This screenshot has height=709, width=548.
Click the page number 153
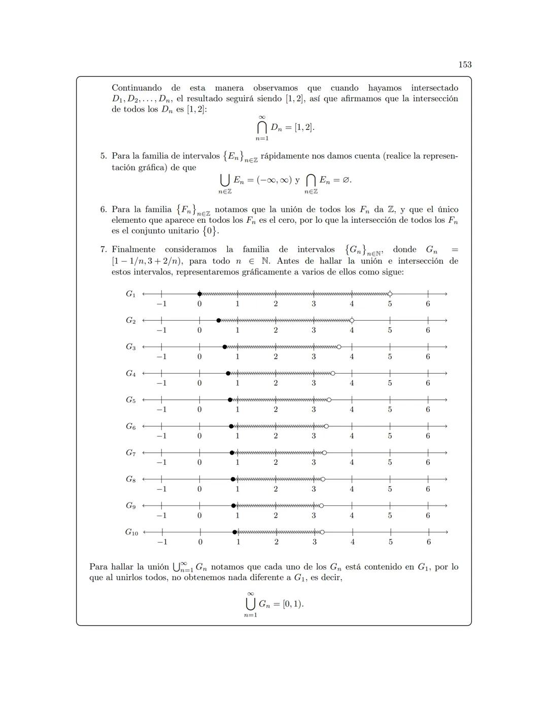click(x=465, y=64)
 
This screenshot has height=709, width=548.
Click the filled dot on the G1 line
click(x=199, y=294)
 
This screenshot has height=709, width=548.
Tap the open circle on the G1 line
click(x=390, y=294)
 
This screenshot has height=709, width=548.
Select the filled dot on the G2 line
click(x=219, y=320)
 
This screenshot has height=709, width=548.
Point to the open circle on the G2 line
click(x=352, y=320)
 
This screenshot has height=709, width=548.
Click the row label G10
click(x=131, y=532)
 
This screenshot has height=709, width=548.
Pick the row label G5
click(x=131, y=400)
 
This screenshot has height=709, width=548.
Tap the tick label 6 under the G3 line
click(x=428, y=357)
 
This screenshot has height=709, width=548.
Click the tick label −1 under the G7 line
click(x=161, y=462)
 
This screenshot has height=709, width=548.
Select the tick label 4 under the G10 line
click(x=352, y=542)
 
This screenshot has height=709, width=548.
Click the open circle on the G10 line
click(x=322, y=532)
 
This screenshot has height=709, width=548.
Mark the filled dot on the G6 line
click(x=231, y=426)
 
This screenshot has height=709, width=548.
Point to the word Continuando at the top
click(x=136, y=88)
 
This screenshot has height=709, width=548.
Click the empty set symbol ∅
click(x=346, y=180)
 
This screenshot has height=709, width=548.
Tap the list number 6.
click(x=103, y=209)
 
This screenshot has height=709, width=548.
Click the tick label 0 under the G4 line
click(x=199, y=383)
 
